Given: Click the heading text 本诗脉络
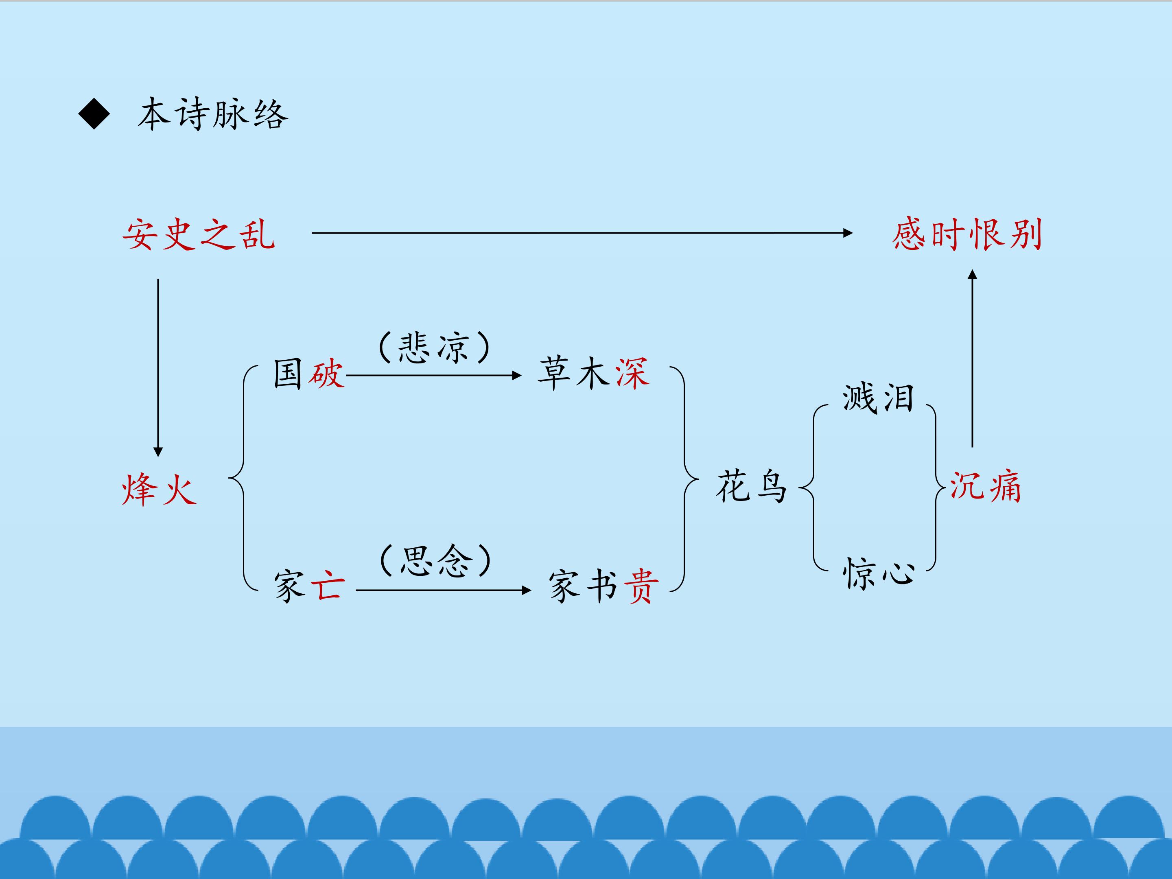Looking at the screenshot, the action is click(x=213, y=114).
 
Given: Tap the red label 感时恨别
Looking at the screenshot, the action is click(x=967, y=234).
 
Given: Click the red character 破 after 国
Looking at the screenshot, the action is click(x=327, y=374).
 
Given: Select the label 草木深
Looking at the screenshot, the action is click(x=593, y=374).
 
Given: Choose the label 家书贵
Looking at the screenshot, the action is click(x=604, y=586).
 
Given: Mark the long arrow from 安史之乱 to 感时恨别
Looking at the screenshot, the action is click(x=582, y=233).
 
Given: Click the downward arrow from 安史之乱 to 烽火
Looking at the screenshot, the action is click(x=158, y=368).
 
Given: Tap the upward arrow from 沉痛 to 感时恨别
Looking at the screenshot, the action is click(x=972, y=358).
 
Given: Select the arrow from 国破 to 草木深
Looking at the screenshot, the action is click(x=434, y=376).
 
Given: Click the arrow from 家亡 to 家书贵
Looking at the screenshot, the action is click(x=444, y=590).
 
